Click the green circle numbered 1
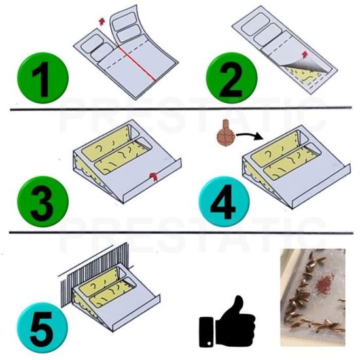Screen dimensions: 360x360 (x=43, y=78)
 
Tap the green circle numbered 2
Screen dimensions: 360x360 (x=232, y=78)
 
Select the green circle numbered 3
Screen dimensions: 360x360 (x=43, y=202)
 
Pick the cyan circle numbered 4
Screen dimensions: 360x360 (x=224, y=202)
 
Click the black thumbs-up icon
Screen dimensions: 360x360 (x=227, y=321)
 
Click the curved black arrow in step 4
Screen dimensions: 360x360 (x=249, y=135)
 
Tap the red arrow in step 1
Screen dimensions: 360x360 (x=101, y=21)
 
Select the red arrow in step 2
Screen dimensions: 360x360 (x=305, y=54)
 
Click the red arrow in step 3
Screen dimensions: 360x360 (x=153, y=176)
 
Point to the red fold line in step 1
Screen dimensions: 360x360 (x=137, y=64)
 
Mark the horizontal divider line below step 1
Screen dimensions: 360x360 (x=181, y=109)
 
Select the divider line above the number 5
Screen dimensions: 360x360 (x=181, y=233)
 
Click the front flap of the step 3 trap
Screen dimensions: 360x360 (x=152, y=181)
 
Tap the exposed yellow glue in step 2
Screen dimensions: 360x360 (x=306, y=73)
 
